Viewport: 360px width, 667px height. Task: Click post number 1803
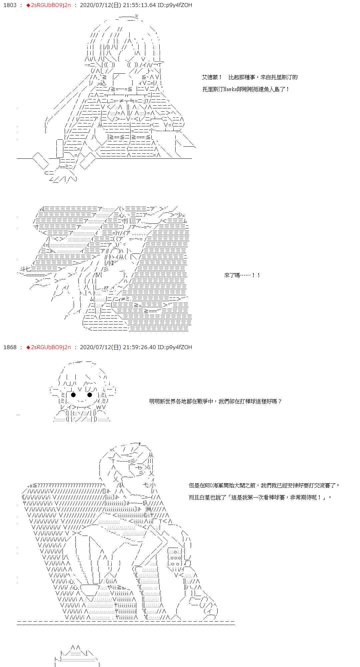pos(10,5)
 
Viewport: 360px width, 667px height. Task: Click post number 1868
pos(10,347)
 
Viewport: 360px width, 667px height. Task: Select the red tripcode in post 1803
pos(50,5)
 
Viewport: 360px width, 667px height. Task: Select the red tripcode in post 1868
pos(50,347)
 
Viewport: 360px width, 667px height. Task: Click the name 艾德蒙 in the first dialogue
pos(209,77)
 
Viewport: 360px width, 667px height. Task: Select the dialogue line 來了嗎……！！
pos(242,275)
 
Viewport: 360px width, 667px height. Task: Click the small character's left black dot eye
pos(73,395)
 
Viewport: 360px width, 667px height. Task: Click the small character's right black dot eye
pos(89,395)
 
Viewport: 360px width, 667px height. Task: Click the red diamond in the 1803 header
pos(28,5)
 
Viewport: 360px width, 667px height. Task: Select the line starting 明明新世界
pos(215,401)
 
